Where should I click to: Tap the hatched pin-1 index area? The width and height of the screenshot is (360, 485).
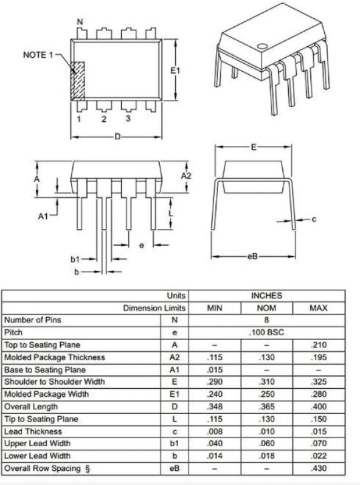click(x=78, y=80)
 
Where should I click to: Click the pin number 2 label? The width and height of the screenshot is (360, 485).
click(x=103, y=119)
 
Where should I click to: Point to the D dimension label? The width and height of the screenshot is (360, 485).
click(x=117, y=137)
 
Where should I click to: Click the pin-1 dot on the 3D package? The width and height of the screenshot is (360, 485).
click(x=262, y=45)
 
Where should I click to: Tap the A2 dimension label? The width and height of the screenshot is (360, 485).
click(x=187, y=175)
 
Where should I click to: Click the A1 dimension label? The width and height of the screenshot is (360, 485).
click(x=43, y=215)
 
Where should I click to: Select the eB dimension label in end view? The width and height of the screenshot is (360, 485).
click(x=252, y=257)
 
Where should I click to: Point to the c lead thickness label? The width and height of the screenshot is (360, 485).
click(x=314, y=219)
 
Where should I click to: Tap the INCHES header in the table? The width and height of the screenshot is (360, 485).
click(x=267, y=296)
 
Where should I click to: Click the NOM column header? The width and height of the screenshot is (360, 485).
click(x=266, y=308)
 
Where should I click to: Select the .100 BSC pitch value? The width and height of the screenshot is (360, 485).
click(x=266, y=333)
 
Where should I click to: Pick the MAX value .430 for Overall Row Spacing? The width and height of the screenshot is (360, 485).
click(x=318, y=468)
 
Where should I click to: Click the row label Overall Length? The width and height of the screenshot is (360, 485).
click(x=31, y=406)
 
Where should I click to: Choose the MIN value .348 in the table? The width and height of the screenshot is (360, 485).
click(x=215, y=406)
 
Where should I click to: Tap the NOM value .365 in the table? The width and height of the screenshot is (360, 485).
click(x=266, y=406)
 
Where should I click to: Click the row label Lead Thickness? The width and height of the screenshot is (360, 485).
click(x=32, y=431)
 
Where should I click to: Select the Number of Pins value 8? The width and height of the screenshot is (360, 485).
click(x=266, y=320)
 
